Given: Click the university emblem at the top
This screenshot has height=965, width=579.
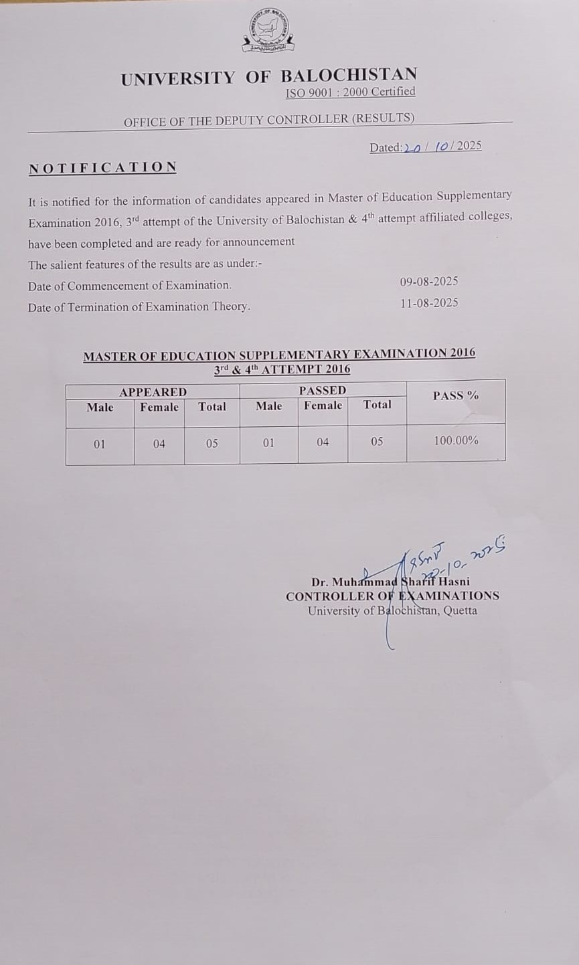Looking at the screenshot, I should coord(269,31).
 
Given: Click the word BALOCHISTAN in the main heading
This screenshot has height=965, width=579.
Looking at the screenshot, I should coord(349,76).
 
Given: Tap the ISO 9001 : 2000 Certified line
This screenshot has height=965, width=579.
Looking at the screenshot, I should coord(350,92).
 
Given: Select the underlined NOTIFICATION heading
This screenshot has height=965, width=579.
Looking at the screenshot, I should coord(102,167).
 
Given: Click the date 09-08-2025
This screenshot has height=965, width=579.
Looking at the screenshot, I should coord(429,282).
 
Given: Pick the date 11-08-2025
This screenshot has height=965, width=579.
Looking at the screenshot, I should coord(429,302).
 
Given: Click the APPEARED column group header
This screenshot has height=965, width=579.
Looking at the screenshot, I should coord(153,391).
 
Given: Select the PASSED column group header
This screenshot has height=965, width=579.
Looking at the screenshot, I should coord(323,390).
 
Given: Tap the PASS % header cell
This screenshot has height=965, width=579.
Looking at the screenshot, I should coord(456,396).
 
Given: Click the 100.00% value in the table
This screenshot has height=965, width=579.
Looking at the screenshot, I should coord(456,440).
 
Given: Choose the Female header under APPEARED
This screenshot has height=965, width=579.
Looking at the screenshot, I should coord(159,407).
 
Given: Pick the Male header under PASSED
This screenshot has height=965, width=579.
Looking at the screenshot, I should coord(268,406).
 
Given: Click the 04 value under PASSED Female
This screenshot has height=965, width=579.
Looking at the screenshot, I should coord(323,442).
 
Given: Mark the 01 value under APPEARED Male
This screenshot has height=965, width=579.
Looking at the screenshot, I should coord(99,444).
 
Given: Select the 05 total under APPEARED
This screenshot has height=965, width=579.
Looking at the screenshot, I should coord(212,443).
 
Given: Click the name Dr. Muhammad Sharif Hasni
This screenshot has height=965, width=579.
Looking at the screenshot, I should coord(390,582).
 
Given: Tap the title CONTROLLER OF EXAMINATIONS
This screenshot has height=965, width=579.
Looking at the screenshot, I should coord(392,596).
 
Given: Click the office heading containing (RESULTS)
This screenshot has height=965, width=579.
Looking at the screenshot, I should coord(269,119).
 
